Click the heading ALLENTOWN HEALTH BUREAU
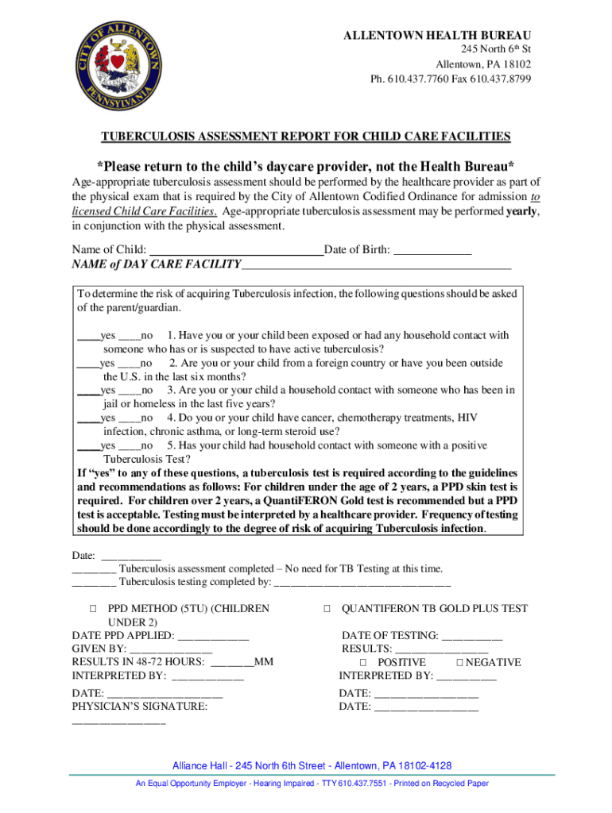(437, 37)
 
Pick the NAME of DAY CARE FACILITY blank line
(376, 265)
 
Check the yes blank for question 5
(87, 445)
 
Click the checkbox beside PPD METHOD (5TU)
(93, 609)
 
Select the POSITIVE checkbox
(363, 663)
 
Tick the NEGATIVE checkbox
(459, 663)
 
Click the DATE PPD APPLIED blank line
(213, 637)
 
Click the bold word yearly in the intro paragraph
(522, 211)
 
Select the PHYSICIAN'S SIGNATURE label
(140, 706)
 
